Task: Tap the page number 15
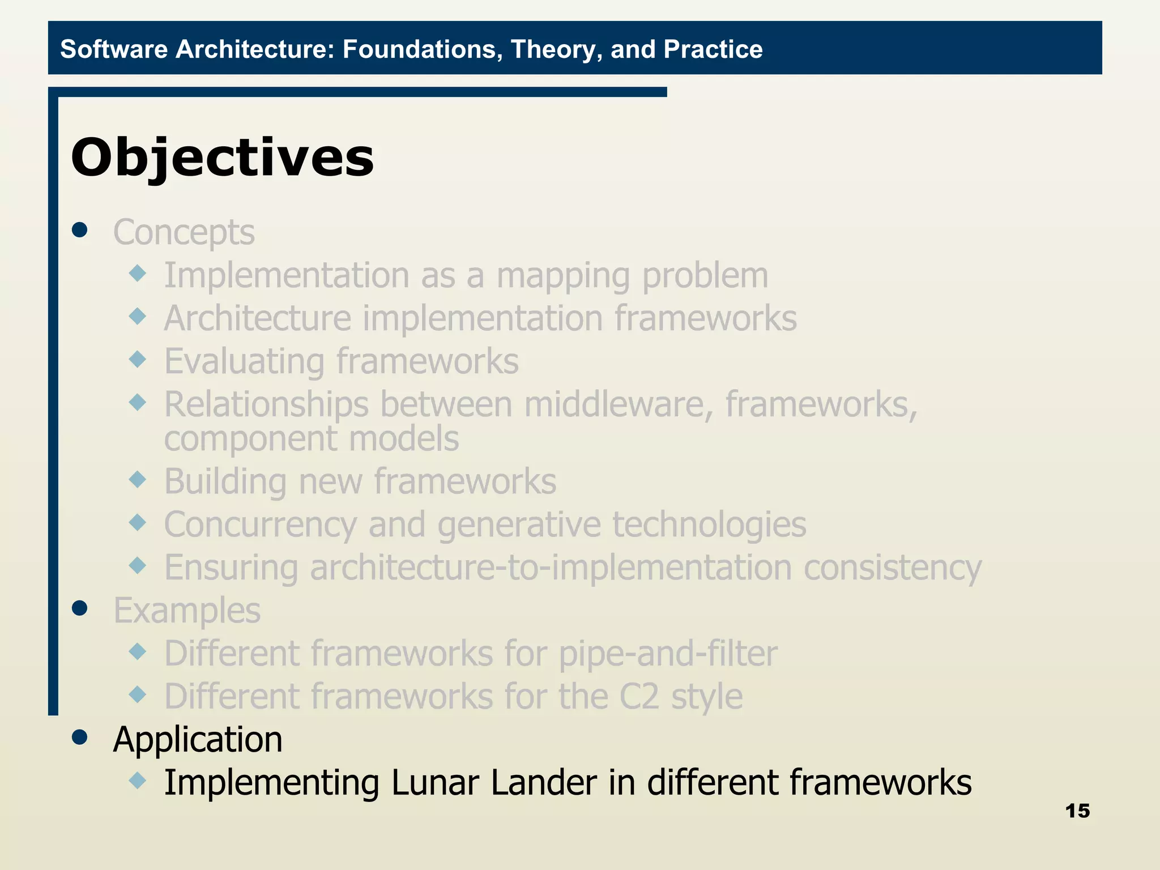[x=1077, y=811]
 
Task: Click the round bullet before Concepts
[x=80, y=230]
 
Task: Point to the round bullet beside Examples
[x=80, y=608]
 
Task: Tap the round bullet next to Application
[x=80, y=737]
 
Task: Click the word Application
[x=198, y=740]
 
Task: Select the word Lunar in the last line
[x=434, y=783]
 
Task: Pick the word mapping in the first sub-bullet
[x=563, y=276]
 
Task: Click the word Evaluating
[x=244, y=361]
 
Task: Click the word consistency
[x=892, y=568]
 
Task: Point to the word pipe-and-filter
[x=668, y=654]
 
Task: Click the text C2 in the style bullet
[x=639, y=697]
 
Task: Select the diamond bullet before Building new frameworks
[x=138, y=480]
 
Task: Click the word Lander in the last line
[x=543, y=783]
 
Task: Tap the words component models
[x=311, y=439]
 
